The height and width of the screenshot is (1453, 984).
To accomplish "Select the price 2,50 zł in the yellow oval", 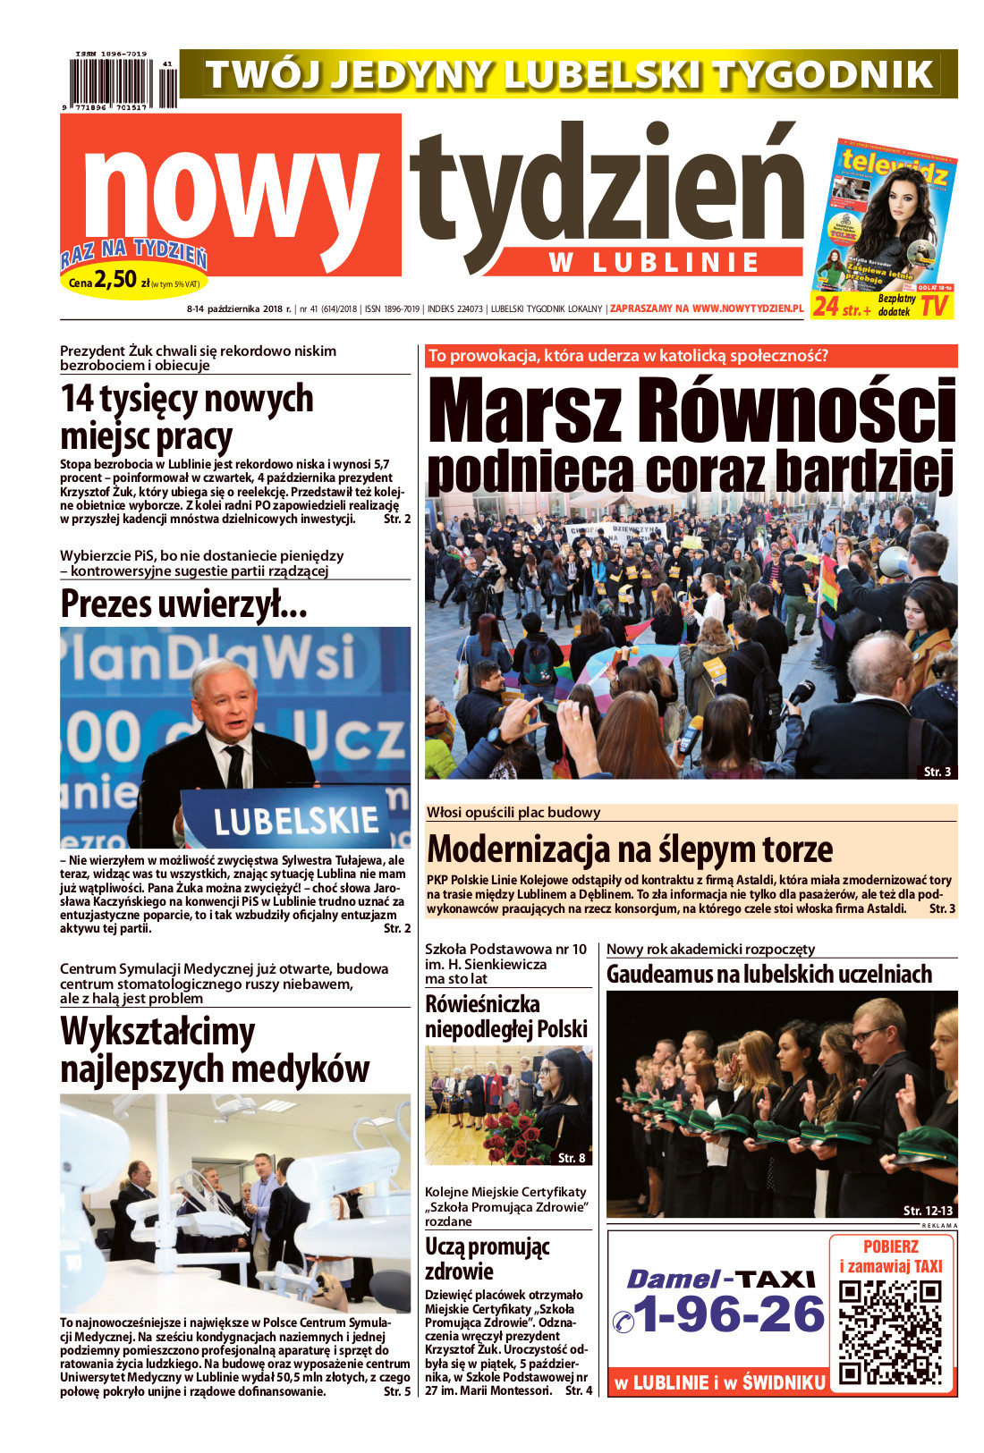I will click(116, 279).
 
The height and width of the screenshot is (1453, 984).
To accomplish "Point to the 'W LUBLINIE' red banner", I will click(654, 263).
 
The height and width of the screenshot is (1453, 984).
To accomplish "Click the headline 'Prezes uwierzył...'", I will click(184, 604).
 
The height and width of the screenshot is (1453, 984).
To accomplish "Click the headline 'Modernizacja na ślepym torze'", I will click(630, 848).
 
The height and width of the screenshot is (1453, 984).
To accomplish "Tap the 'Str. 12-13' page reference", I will click(927, 1210).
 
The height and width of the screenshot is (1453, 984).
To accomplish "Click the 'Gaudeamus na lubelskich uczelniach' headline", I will click(769, 974).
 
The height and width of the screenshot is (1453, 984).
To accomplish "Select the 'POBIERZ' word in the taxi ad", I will click(890, 1246).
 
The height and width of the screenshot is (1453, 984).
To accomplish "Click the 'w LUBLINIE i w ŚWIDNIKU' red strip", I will click(719, 1382).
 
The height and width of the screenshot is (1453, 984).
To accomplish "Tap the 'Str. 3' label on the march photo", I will click(937, 771).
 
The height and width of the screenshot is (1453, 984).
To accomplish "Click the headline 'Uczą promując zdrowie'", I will click(487, 1258).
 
